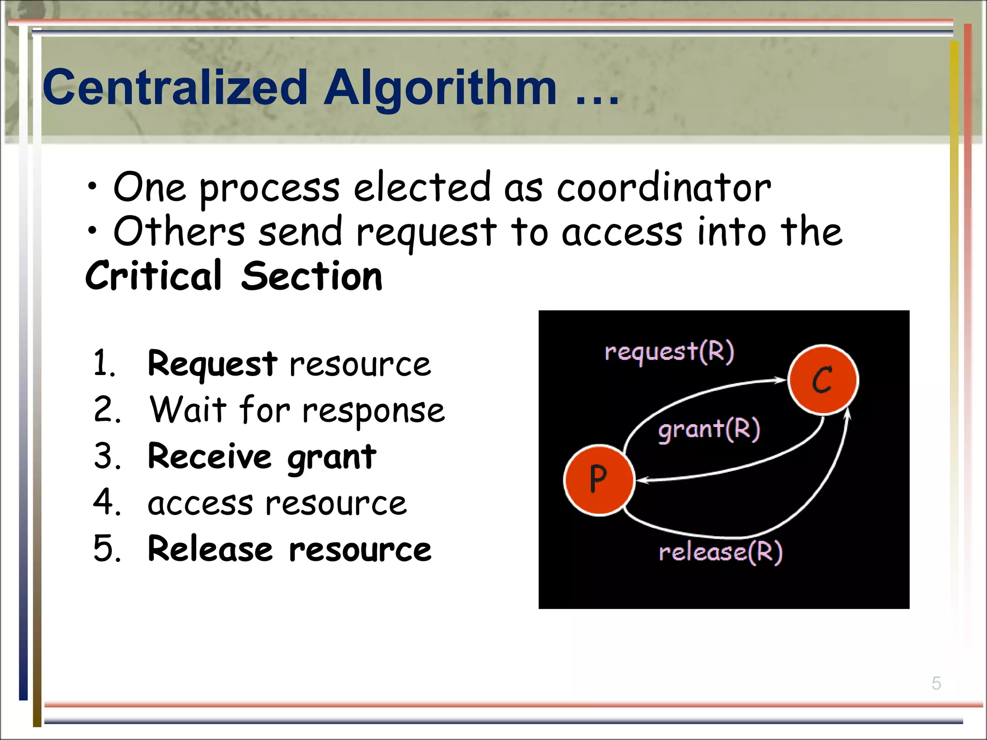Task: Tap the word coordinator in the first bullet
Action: (x=664, y=188)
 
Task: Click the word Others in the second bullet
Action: (x=179, y=232)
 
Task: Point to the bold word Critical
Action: (x=153, y=276)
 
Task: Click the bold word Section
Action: (x=311, y=276)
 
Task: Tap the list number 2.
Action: (x=107, y=410)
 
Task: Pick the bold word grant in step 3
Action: (x=332, y=457)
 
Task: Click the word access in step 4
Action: (x=200, y=504)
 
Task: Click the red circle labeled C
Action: (x=823, y=380)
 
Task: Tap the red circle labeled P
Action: (x=599, y=480)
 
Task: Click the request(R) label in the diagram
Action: (x=669, y=351)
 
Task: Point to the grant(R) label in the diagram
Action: (x=709, y=429)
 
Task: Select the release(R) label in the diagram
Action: (x=720, y=552)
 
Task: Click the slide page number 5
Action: (x=936, y=683)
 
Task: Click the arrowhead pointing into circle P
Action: (x=642, y=480)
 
